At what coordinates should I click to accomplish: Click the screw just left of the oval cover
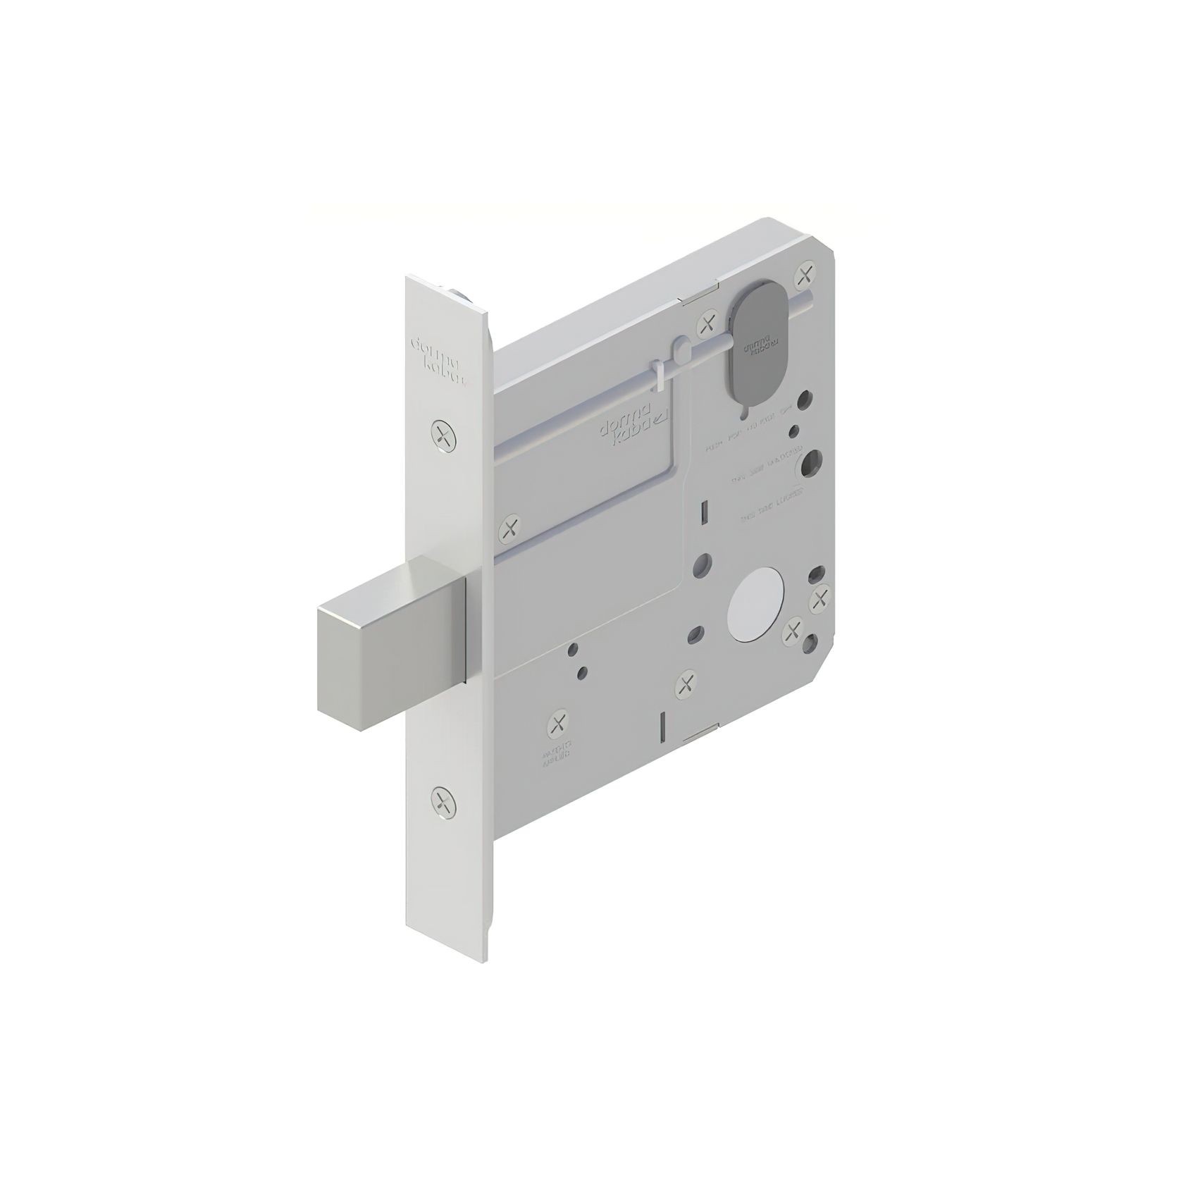pyautogui.click(x=705, y=326)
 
